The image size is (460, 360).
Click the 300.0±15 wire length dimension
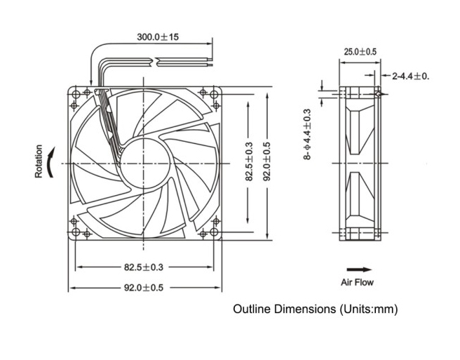(158, 36)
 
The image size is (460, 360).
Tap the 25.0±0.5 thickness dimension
(360, 52)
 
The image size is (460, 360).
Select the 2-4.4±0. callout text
(410, 75)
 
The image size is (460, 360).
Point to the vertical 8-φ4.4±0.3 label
(306, 134)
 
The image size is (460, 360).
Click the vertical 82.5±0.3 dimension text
(249, 163)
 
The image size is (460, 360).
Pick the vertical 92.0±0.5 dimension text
(267, 163)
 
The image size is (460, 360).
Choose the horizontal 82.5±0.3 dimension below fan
(144, 267)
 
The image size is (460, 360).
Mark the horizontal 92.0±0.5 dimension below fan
(144, 287)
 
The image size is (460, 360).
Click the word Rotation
(39, 161)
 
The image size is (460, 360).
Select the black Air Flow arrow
(359, 269)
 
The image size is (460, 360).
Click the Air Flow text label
(358, 283)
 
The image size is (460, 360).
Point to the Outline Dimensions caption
(318, 309)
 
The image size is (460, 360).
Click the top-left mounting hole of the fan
(76, 93)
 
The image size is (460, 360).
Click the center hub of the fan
(144, 162)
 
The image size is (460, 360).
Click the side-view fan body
(360, 163)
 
